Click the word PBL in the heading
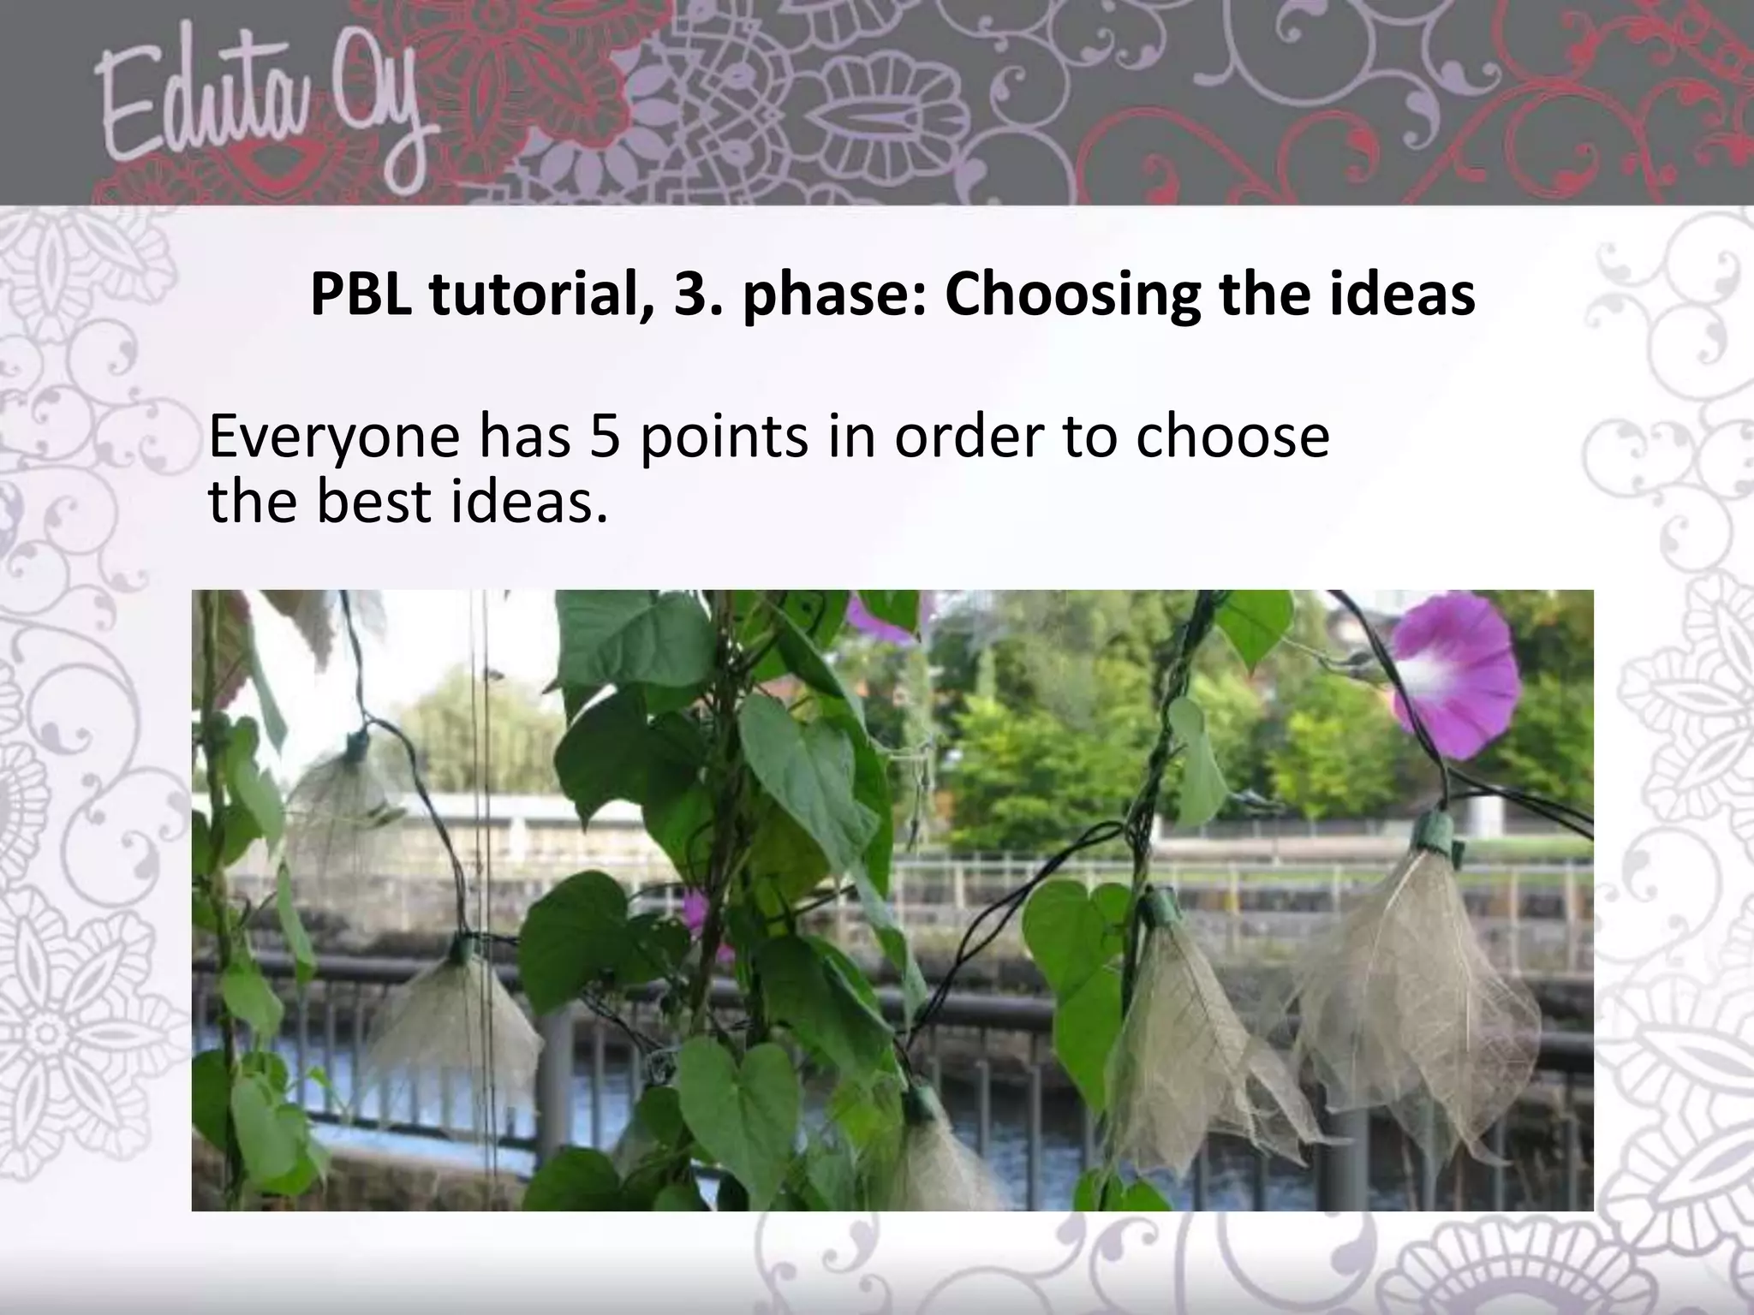[360, 295]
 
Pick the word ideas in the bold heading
[1397, 295]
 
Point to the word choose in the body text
[1232, 437]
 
